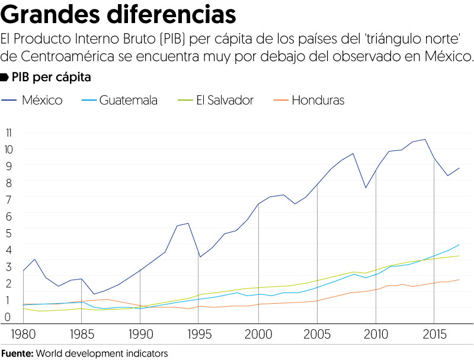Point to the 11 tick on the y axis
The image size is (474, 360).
coord(8,133)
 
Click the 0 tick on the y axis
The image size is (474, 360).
coord(8,317)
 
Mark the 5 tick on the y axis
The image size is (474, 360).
coord(8,233)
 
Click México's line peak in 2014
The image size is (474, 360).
coord(424,139)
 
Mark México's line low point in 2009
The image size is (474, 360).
coord(365,188)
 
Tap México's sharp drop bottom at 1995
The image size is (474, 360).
coord(200,257)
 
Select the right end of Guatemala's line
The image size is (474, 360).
coord(459,245)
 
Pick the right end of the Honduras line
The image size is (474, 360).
coord(459,279)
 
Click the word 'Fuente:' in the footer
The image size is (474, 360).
coord(17,353)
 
